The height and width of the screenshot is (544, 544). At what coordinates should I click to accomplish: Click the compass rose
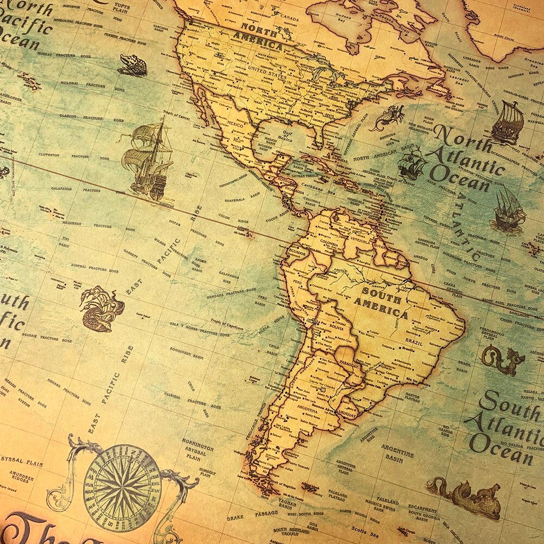coord(122,480)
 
